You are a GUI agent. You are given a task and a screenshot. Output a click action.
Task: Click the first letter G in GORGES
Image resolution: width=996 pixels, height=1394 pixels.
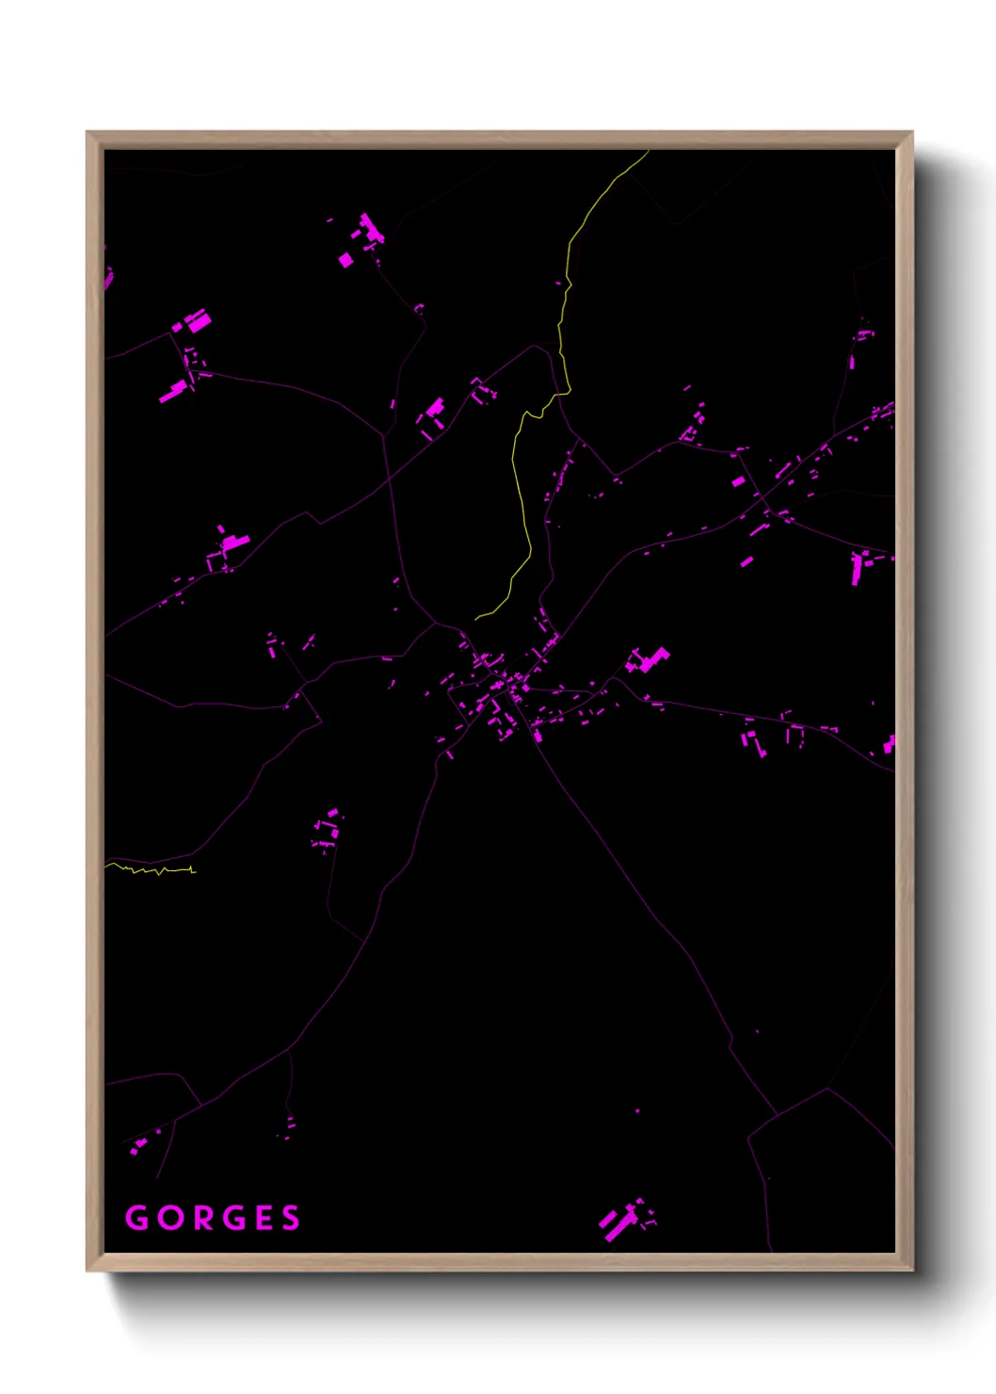(x=137, y=1218)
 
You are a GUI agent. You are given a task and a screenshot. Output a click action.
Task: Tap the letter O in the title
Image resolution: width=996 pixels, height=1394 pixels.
(x=170, y=1218)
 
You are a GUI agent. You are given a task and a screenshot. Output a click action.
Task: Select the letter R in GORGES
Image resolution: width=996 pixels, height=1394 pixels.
(x=202, y=1218)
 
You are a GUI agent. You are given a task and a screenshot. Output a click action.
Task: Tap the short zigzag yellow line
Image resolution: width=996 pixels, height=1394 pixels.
(x=151, y=869)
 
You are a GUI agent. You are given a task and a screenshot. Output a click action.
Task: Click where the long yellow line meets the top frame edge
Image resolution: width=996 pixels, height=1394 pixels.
(x=649, y=151)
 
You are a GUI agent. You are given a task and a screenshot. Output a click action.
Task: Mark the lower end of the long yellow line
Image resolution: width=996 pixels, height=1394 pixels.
(x=476, y=619)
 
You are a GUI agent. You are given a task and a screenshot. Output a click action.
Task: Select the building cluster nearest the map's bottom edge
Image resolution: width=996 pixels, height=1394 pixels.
(x=624, y=1221)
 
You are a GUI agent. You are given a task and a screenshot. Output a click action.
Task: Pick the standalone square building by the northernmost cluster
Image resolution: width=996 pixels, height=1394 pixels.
(x=345, y=259)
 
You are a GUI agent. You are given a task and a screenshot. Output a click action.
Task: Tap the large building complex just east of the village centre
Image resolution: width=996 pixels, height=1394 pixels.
(x=648, y=660)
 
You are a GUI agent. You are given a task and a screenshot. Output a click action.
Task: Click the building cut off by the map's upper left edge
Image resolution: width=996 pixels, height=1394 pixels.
(x=107, y=277)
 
